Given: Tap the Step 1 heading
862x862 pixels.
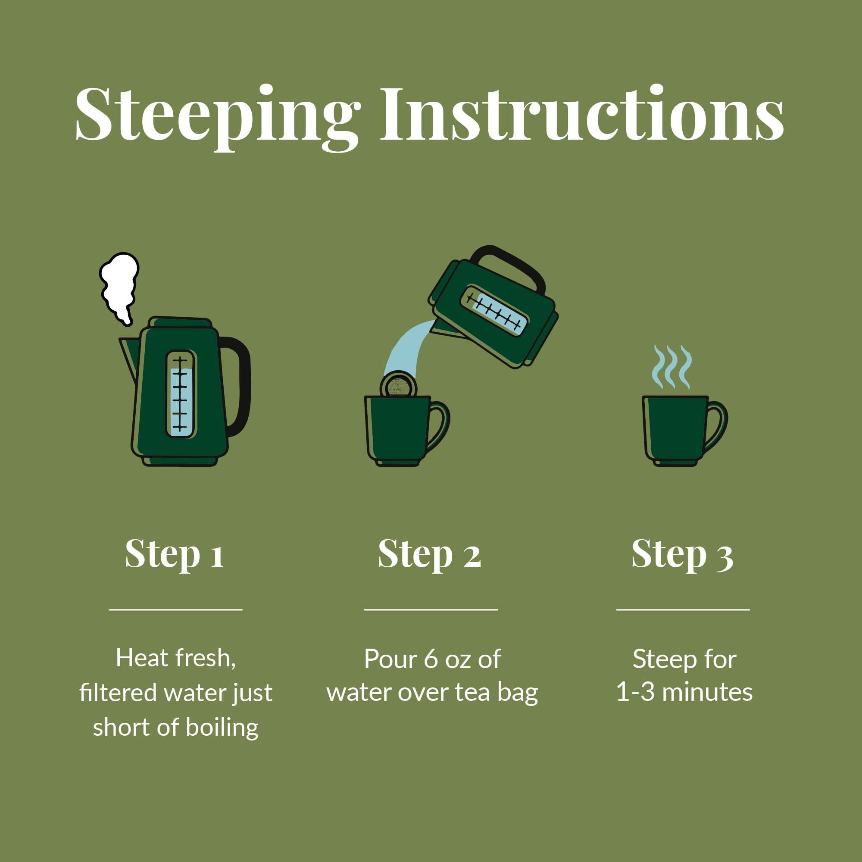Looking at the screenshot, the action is [x=175, y=554].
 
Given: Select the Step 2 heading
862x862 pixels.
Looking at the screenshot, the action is [x=430, y=554].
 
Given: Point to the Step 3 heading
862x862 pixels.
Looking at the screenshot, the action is [x=683, y=554].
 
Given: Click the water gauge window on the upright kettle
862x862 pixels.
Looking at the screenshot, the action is [x=181, y=394].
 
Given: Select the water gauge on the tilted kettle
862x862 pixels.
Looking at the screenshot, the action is [x=495, y=311].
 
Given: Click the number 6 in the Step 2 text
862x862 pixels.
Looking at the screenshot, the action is [x=431, y=659].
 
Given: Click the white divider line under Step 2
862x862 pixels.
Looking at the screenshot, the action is [x=431, y=609].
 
